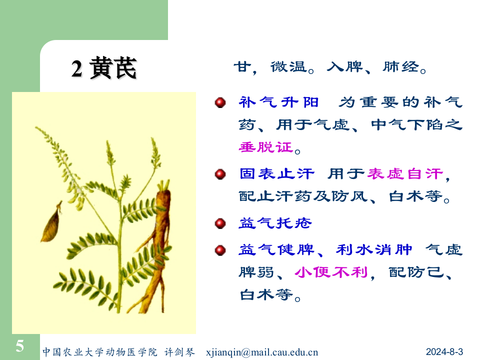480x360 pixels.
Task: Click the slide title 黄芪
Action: (113, 69)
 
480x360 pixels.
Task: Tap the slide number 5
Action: (19, 345)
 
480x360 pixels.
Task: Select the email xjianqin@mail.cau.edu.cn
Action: (262, 351)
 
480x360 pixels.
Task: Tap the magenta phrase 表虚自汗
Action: (405, 174)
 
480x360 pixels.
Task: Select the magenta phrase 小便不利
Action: (331, 272)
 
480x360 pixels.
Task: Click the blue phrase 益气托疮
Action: (275, 223)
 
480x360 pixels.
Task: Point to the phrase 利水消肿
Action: (374, 249)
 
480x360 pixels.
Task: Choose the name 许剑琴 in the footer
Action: (179, 351)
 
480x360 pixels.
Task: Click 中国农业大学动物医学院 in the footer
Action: (99, 351)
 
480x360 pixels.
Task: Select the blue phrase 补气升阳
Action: (278, 102)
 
